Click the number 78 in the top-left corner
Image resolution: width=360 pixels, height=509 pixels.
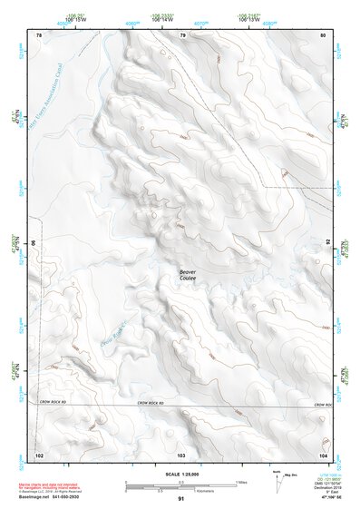[x=39, y=35]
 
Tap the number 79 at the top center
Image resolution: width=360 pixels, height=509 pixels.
[x=182, y=35]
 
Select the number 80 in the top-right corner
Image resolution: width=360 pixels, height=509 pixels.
[x=324, y=35]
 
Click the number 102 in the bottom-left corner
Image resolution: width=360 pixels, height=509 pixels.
[x=39, y=454]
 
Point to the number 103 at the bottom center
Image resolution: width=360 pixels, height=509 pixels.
[x=181, y=454]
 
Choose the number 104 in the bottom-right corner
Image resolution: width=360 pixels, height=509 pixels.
[x=323, y=454]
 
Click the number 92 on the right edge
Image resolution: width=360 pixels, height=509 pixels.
[x=327, y=243]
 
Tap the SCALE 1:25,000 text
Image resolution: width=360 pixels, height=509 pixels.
[x=180, y=475]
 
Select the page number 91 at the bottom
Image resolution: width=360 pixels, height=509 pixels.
[x=181, y=500]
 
